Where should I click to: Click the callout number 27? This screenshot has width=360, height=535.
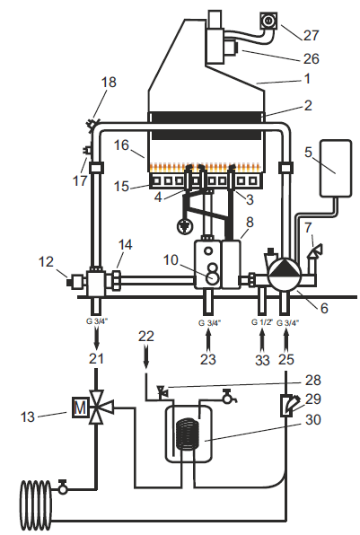311,36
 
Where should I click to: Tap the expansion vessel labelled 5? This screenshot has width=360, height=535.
336,168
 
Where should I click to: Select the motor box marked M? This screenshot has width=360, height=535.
80,408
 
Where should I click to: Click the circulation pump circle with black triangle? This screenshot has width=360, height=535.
285,276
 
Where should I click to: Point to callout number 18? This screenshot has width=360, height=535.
109,83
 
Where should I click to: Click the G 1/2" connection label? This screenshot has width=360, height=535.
262,321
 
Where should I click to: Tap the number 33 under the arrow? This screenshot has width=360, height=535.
262,360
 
